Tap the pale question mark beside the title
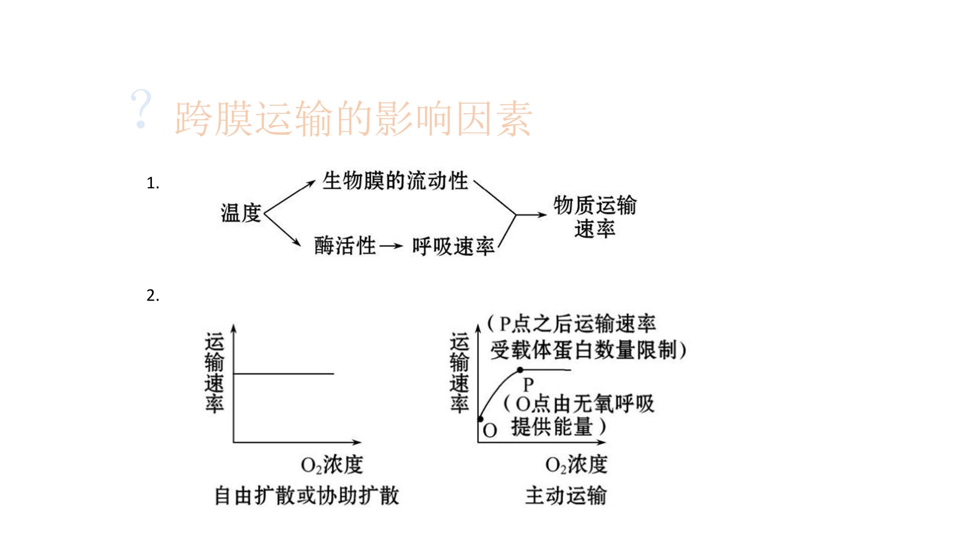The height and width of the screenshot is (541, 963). [141, 110]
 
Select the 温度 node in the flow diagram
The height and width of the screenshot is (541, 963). [241, 212]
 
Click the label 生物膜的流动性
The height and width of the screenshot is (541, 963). [395, 181]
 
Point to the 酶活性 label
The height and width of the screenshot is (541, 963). [345, 245]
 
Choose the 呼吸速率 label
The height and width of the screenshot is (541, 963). [453, 246]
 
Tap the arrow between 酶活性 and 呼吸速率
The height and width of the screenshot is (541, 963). [391, 246]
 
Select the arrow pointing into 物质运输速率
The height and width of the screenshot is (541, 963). [532, 215]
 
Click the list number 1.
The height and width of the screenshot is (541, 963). [153, 183]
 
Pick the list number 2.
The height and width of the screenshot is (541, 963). [153, 296]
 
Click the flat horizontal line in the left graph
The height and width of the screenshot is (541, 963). [284, 373]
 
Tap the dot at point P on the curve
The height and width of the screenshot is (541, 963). [520, 370]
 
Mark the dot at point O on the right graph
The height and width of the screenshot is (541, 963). [480, 419]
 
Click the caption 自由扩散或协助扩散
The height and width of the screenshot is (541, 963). [306, 495]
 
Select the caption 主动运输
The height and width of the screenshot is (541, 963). [566, 495]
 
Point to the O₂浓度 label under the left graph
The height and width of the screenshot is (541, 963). [332, 465]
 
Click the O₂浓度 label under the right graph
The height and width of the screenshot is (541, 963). [576, 465]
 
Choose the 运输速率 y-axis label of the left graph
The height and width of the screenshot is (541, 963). [214, 374]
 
